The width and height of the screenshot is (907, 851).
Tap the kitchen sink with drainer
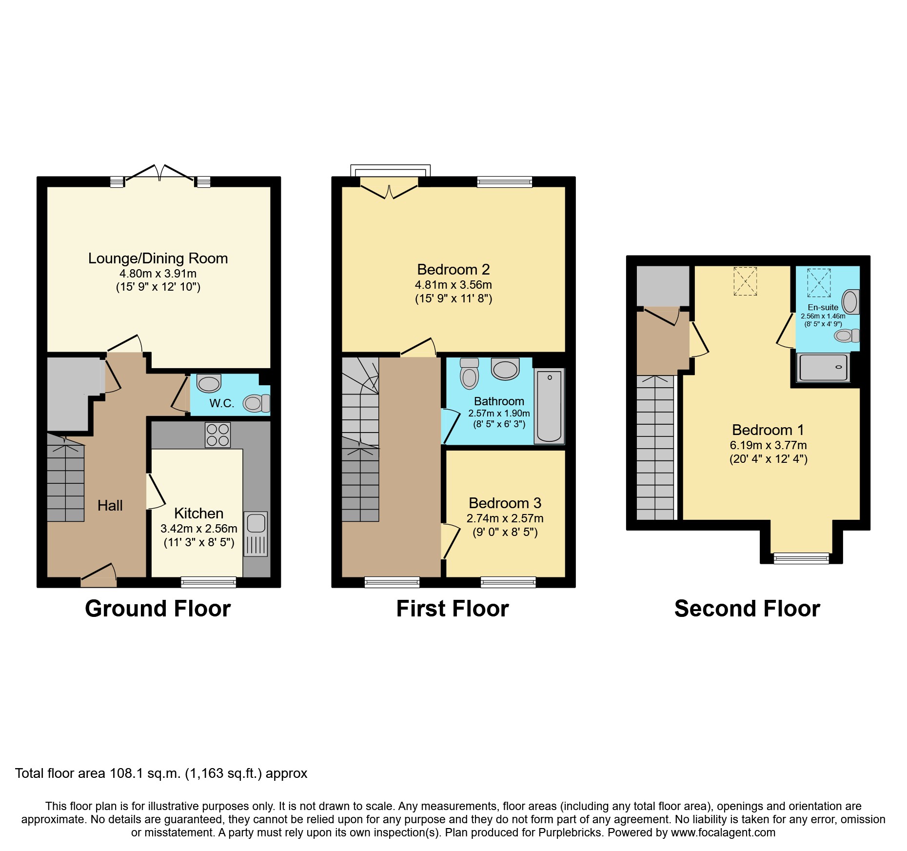256,534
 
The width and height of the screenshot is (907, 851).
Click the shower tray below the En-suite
823,367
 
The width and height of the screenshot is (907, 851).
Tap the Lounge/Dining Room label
158,258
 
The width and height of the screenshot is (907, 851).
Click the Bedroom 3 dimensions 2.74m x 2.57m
505,518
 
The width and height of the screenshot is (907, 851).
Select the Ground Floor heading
158,609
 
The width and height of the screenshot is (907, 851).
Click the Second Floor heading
747,609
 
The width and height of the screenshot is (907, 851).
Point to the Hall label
110,506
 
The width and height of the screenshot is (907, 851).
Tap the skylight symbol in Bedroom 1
745,281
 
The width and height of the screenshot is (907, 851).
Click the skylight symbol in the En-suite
819,282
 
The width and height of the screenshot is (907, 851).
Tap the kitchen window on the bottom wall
208,582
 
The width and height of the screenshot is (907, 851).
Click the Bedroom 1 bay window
801,558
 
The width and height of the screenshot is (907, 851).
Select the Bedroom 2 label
453,270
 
